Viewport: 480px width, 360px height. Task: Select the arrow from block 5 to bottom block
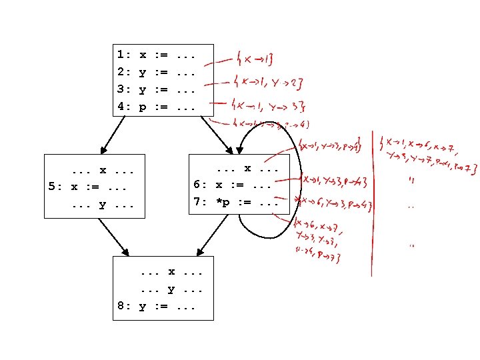click(113, 237)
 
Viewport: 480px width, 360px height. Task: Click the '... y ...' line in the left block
click(100, 203)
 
